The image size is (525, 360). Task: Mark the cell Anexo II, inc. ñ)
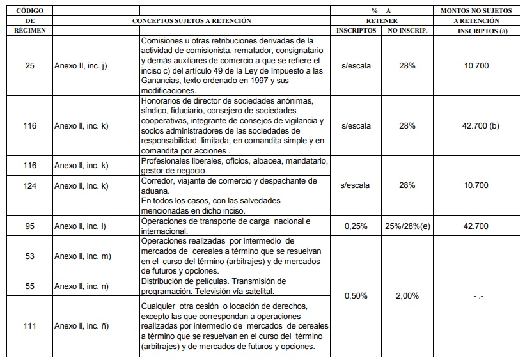pyautogui.click(x=81, y=326)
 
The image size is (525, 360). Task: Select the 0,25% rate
pyautogui.click(x=356, y=226)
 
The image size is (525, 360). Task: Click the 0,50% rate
pyautogui.click(x=356, y=296)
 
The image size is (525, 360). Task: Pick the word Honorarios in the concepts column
pyautogui.click(x=162, y=101)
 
